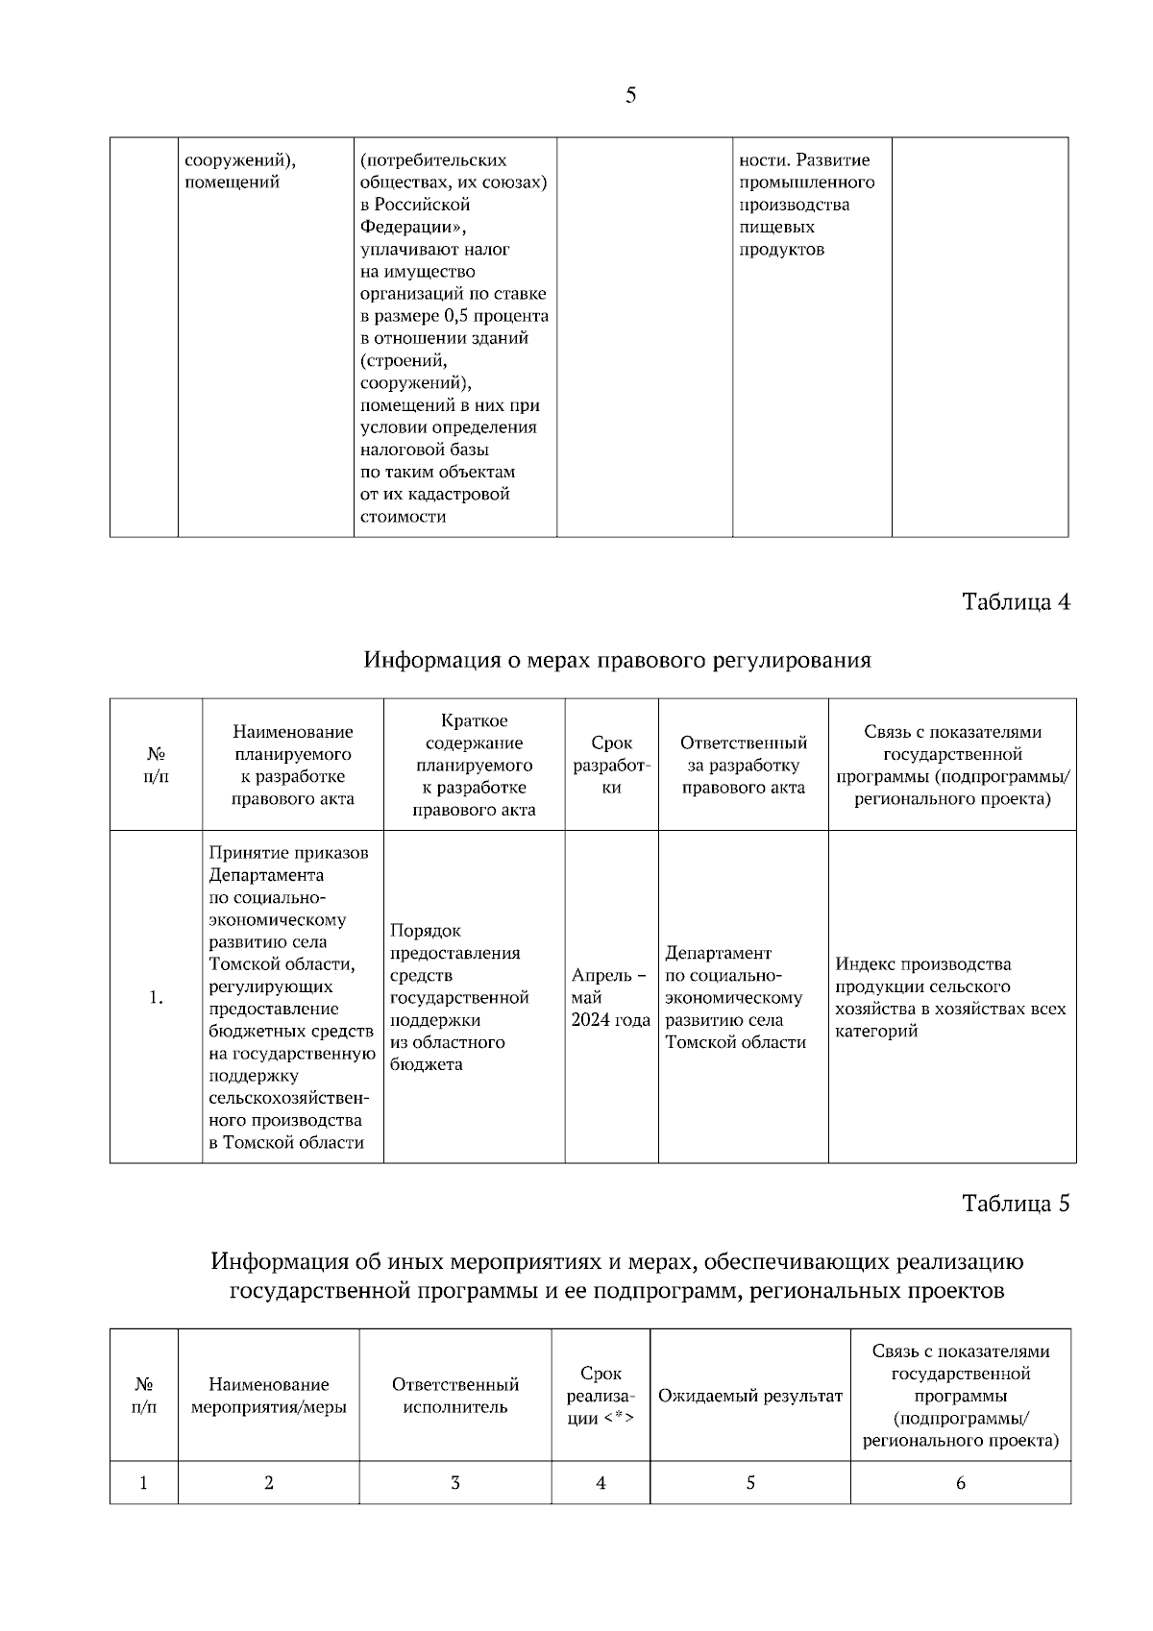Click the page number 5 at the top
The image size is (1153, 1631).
coord(630,95)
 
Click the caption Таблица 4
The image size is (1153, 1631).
coord(1016,602)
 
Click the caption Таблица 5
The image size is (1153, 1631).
coord(1016,1203)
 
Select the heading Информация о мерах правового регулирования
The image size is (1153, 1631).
coord(617,660)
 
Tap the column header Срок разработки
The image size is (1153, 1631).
coord(611,765)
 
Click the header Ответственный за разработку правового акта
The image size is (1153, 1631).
coord(743,765)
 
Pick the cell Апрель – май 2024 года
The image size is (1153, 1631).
coord(610,997)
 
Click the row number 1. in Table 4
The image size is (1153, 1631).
coord(156,998)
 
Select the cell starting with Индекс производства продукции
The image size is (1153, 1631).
coord(950,997)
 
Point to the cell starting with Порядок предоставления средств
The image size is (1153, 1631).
coord(459,997)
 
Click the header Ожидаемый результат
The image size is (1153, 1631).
coord(749,1396)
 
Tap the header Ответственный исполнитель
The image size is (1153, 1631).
coord(454,1396)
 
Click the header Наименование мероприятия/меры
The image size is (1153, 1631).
coord(268,1396)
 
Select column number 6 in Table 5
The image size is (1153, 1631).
coord(960,1483)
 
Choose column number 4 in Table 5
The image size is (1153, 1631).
coord(601,1483)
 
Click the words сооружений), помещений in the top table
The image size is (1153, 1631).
coord(239,171)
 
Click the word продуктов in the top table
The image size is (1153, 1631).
coord(781,250)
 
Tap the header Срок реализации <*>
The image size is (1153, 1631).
coord(601,1396)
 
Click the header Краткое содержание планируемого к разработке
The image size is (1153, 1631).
coord(474,765)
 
